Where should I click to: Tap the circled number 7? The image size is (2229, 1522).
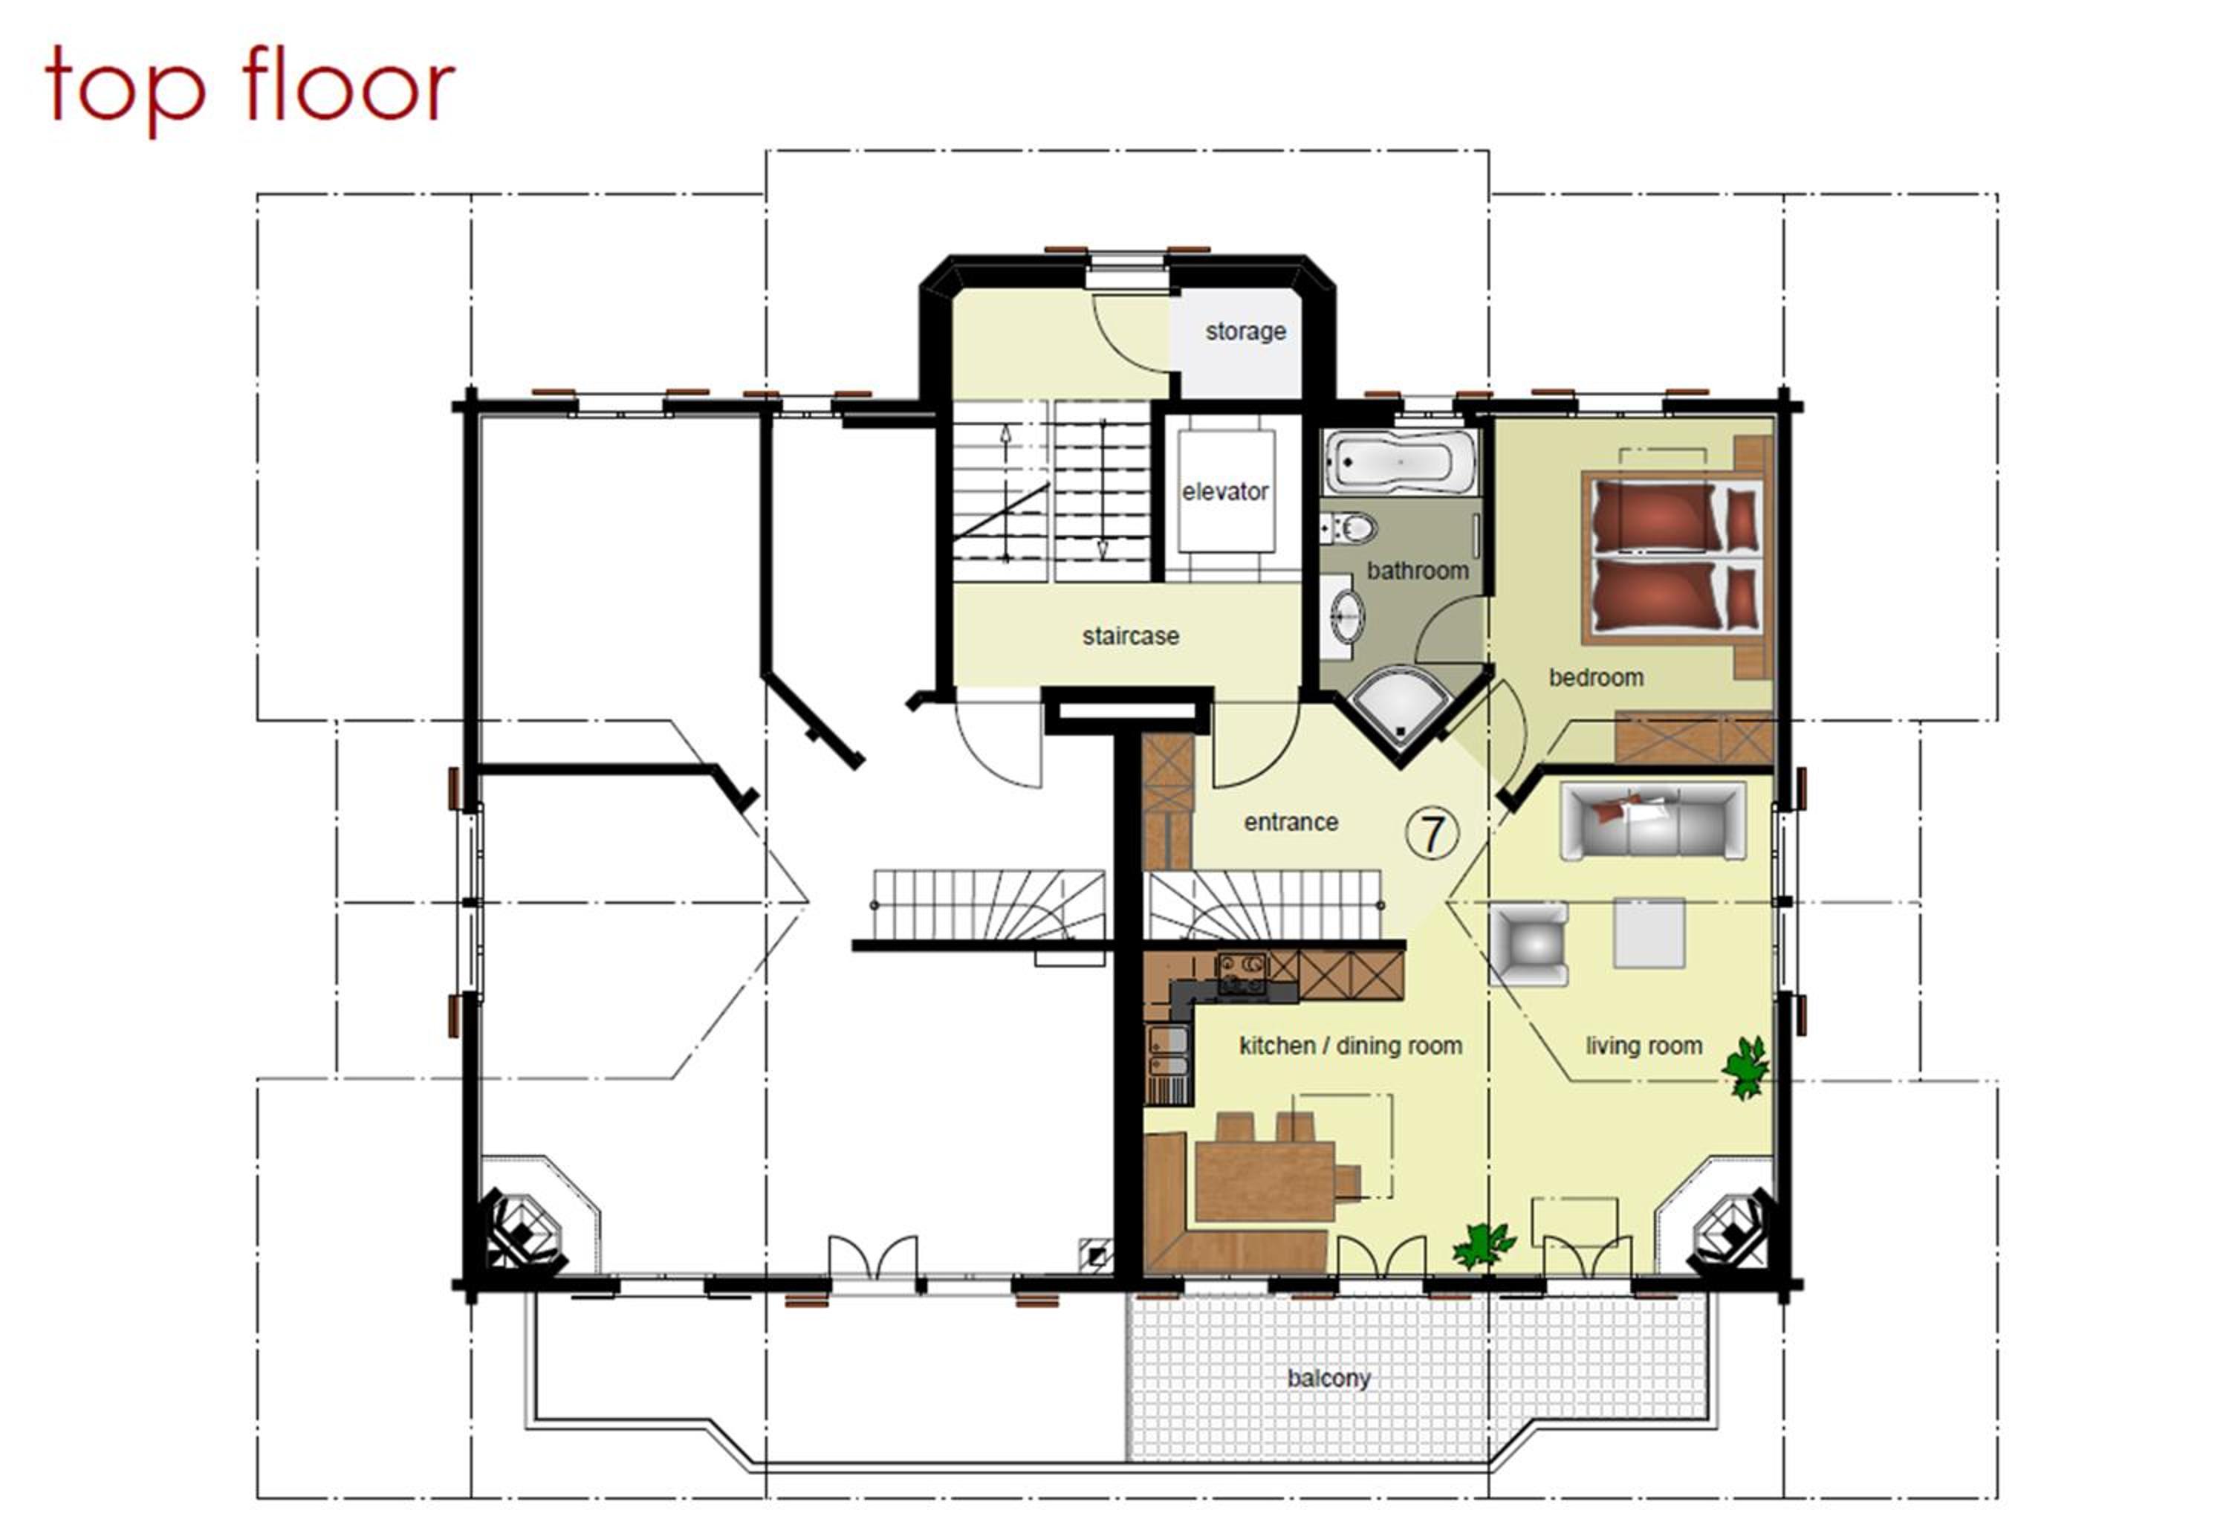pyautogui.click(x=1432, y=833)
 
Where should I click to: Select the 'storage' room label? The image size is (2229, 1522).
pyautogui.click(x=1245, y=332)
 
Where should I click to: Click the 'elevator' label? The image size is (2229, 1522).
pyautogui.click(x=1224, y=492)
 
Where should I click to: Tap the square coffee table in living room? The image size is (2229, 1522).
pyautogui.click(x=1649, y=932)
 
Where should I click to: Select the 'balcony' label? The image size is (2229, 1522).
pyautogui.click(x=1328, y=1378)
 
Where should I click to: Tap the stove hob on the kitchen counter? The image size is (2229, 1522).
pyautogui.click(x=1241, y=974)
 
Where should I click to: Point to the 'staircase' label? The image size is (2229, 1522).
pyautogui.click(x=1130, y=636)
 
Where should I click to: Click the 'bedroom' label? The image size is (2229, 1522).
pyautogui.click(x=1596, y=677)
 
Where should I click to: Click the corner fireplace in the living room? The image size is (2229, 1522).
pyautogui.click(x=1731, y=1231)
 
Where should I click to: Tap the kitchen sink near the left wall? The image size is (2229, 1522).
pyautogui.click(x=1168, y=1053)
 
